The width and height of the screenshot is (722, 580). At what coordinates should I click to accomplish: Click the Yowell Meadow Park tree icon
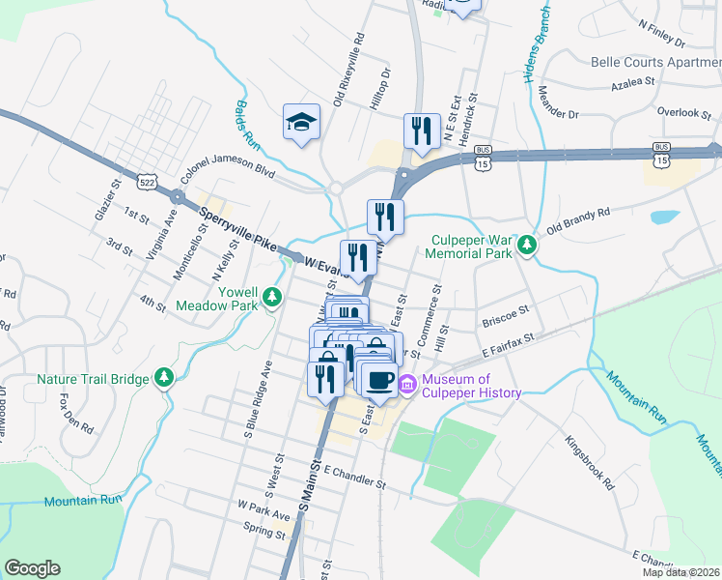coord(272,296)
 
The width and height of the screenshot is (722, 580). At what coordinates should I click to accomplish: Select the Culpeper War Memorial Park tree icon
coord(527,246)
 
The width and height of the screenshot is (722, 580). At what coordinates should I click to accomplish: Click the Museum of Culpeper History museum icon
coord(406,386)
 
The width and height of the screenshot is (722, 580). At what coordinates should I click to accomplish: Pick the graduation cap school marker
coord(300,123)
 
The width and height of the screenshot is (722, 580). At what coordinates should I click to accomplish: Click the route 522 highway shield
coord(147,181)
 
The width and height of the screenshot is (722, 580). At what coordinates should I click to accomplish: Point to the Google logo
coord(32,568)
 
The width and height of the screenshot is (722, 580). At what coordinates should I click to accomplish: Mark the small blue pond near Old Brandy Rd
coord(665,217)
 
